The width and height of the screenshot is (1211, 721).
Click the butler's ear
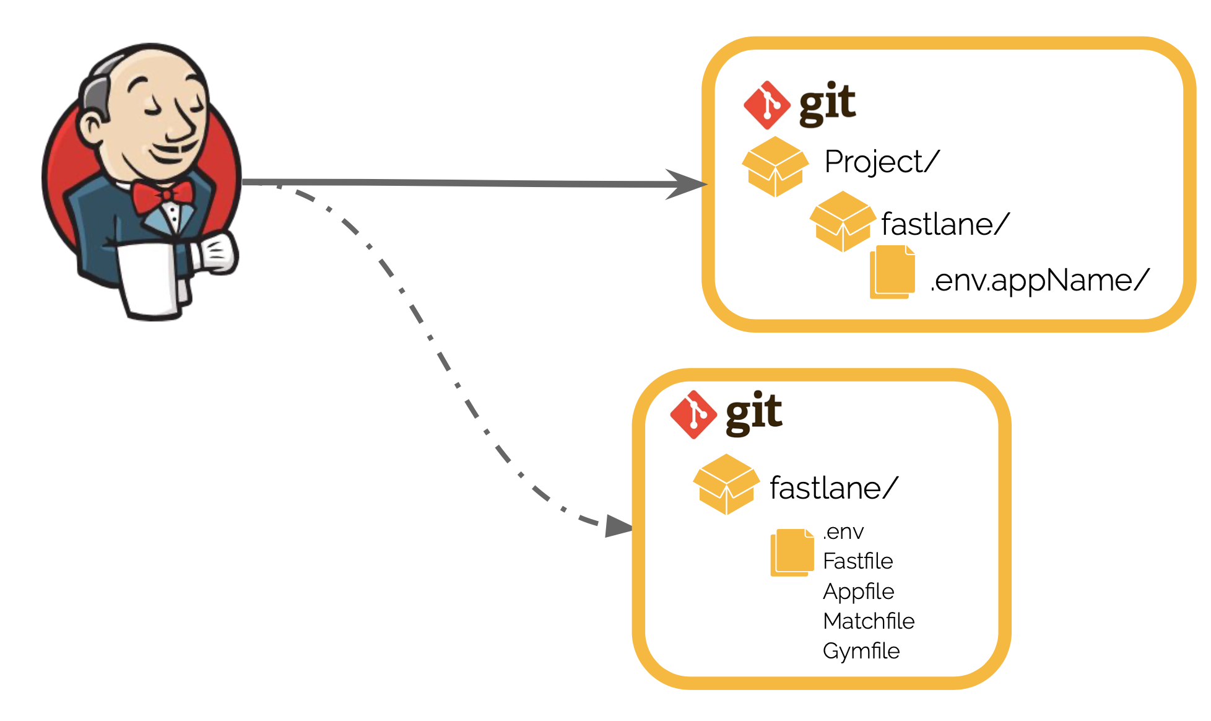coord(92,127)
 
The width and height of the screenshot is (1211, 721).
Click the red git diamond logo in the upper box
coord(766,105)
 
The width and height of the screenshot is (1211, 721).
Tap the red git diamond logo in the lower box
coord(693,415)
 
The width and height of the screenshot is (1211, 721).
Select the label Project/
coord(882,162)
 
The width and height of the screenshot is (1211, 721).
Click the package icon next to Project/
coord(775,166)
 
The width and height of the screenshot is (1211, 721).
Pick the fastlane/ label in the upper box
coord(945,224)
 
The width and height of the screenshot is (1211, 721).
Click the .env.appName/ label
coord(1039,281)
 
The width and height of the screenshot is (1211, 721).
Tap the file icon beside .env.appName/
coord(892,272)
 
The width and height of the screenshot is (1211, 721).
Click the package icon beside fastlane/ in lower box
coord(726,484)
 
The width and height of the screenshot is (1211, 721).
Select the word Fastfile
coord(857,561)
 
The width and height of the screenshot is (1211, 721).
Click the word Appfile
coord(858,592)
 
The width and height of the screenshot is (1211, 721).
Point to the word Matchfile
coord(868,621)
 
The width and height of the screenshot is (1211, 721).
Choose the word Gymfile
coord(861,651)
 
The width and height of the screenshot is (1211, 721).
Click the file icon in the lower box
coord(792,552)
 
